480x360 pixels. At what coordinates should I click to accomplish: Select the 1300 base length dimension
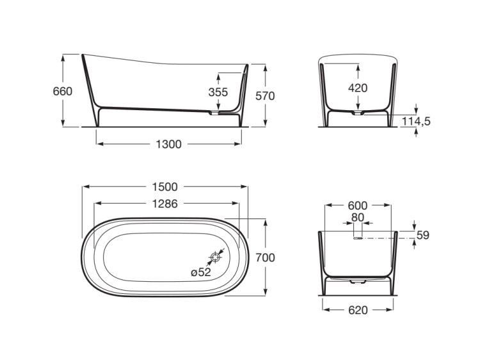coord(169,144)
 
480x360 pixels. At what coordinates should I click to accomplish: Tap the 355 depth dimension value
coord(218,92)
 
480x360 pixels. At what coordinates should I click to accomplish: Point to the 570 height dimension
coord(265,95)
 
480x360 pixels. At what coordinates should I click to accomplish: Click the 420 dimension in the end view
coord(357,88)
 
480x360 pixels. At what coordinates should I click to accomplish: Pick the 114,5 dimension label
coord(416,121)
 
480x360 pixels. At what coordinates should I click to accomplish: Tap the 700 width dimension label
coord(265,258)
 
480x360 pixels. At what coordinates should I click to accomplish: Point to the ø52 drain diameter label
coord(201,272)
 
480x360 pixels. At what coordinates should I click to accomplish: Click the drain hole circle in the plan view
coord(216,258)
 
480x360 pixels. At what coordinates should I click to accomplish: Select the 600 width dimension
coord(357,206)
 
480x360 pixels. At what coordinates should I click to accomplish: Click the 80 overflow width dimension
coord(357,218)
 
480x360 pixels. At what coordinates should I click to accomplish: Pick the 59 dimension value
coord(422,235)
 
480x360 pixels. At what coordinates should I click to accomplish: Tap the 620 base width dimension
coord(357,310)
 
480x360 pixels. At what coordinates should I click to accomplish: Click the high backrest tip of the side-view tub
coord(83,56)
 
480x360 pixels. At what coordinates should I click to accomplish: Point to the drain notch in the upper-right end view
coord(358,113)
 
